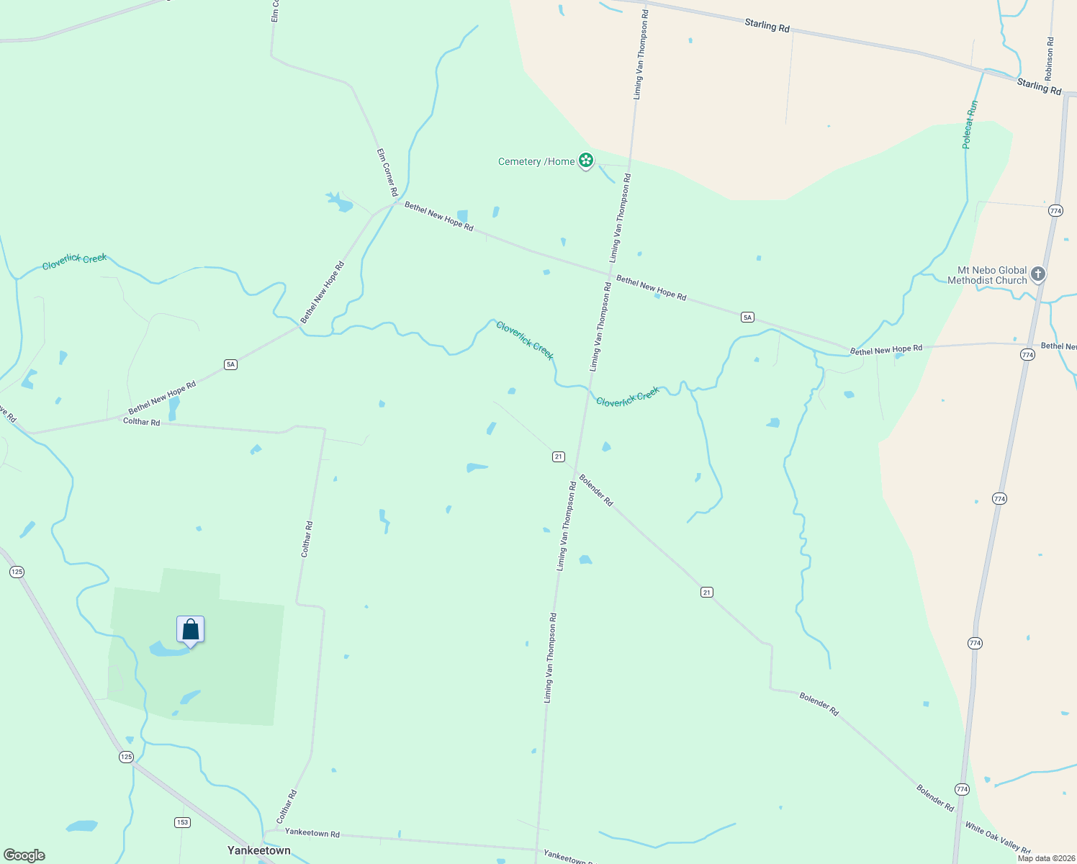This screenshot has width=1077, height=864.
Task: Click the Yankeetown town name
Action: point(259,850)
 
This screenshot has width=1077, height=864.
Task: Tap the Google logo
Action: point(24,855)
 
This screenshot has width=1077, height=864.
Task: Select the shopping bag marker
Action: point(191,630)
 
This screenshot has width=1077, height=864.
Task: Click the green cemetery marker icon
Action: point(586,161)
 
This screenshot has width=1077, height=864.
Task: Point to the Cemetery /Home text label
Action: point(536,161)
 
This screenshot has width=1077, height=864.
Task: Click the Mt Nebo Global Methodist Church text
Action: point(987,275)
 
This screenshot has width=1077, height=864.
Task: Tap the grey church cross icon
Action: point(1037,274)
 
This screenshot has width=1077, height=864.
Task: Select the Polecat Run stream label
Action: point(970,125)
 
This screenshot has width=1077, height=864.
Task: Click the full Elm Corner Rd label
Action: point(387,173)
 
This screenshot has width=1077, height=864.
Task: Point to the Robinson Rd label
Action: point(1050,59)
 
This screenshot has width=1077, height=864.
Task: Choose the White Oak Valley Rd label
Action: point(998,839)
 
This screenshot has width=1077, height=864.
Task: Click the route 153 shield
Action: point(182,822)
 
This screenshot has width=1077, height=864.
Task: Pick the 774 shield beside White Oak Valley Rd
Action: point(963,790)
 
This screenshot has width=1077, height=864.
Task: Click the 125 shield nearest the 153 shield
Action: point(127,757)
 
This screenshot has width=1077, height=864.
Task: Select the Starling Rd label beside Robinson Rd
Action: point(1039,86)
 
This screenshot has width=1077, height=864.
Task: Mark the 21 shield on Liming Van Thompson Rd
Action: point(559,456)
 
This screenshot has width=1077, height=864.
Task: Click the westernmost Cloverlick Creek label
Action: point(74,261)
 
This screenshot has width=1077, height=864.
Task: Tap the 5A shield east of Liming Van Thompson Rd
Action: point(747,317)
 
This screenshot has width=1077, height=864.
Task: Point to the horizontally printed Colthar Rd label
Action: point(141,421)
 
